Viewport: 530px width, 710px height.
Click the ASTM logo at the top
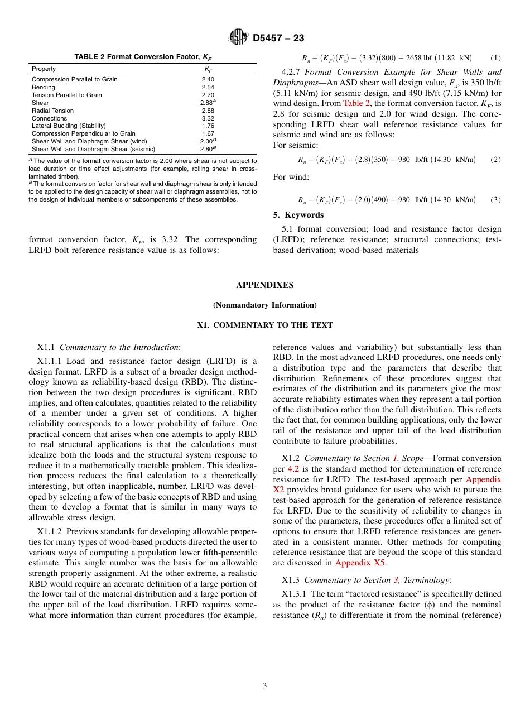(x=238, y=37)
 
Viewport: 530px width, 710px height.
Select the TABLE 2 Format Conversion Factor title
(x=143, y=57)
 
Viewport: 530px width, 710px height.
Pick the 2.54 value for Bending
(x=208, y=87)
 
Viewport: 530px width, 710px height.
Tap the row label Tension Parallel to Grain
(x=67, y=95)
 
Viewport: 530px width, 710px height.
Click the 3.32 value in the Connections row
(x=208, y=118)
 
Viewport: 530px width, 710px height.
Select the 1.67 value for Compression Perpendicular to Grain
(x=208, y=134)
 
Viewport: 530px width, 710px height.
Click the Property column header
(x=44, y=69)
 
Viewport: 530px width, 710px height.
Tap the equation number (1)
(x=495, y=58)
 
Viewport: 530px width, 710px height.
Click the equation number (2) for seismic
(x=495, y=160)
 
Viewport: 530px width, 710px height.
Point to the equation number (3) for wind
(x=495, y=200)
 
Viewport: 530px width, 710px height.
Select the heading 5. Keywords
(x=298, y=215)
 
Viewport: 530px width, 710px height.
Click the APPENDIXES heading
(x=264, y=285)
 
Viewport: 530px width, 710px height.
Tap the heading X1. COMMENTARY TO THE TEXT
(x=264, y=325)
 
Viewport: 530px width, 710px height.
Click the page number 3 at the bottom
(x=265, y=685)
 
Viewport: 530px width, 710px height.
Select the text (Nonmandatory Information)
(x=264, y=305)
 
